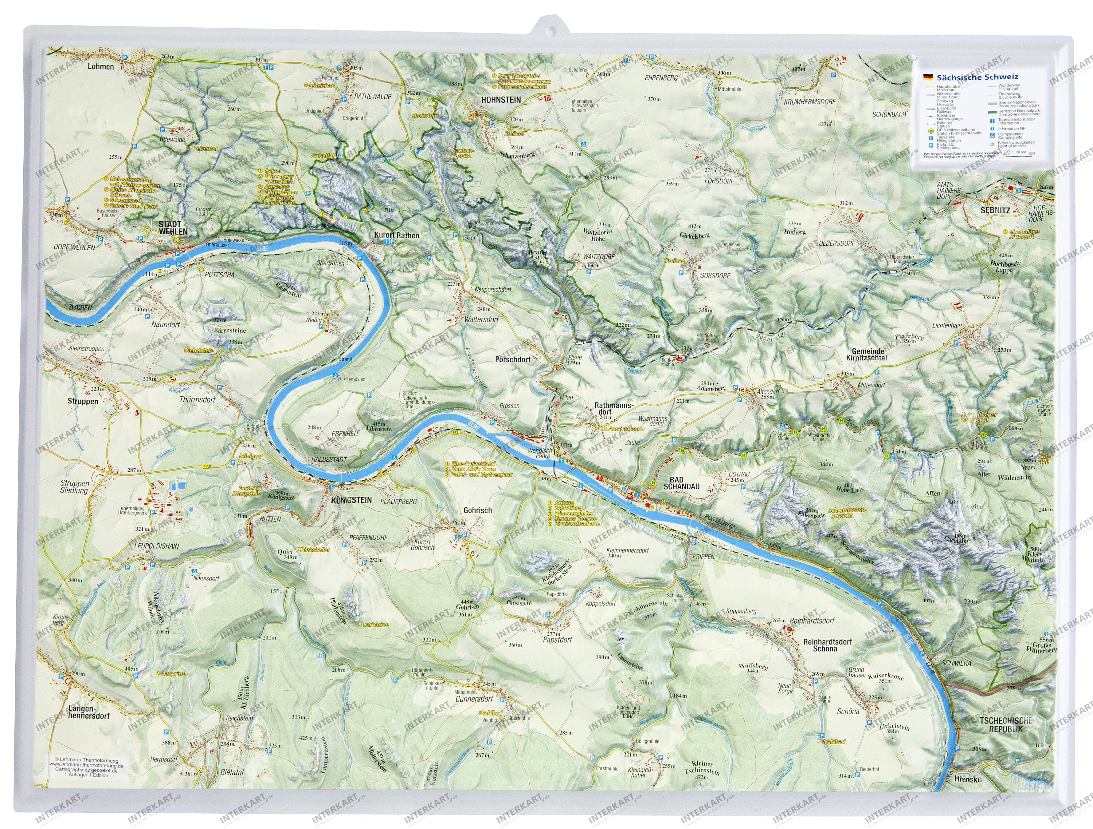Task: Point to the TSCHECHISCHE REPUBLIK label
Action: pos(1005,725)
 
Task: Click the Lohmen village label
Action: pos(100,66)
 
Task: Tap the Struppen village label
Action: pos(83,401)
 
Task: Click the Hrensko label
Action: pos(969,793)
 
